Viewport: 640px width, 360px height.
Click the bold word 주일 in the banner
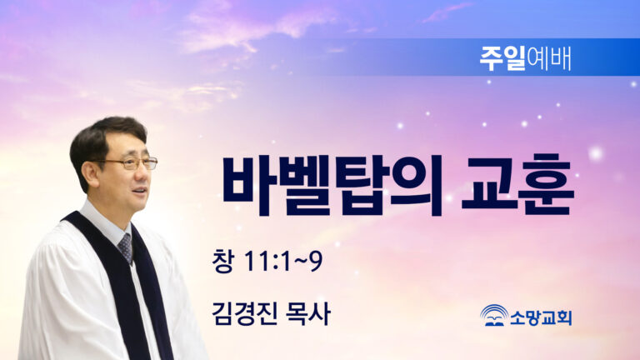tap(502, 58)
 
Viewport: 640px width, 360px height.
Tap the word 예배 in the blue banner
tap(548, 58)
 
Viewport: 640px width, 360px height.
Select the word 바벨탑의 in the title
tap(332, 186)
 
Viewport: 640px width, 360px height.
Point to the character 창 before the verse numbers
tap(222, 261)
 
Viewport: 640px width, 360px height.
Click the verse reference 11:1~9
tap(283, 261)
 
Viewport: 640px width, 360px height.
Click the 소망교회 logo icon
tap(494, 316)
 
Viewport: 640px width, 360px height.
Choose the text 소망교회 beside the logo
tap(541, 317)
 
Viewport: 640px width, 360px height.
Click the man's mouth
tap(140, 191)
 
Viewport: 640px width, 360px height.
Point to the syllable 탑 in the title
tap(360, 186)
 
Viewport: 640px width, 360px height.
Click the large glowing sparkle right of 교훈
tap(596, 153)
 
